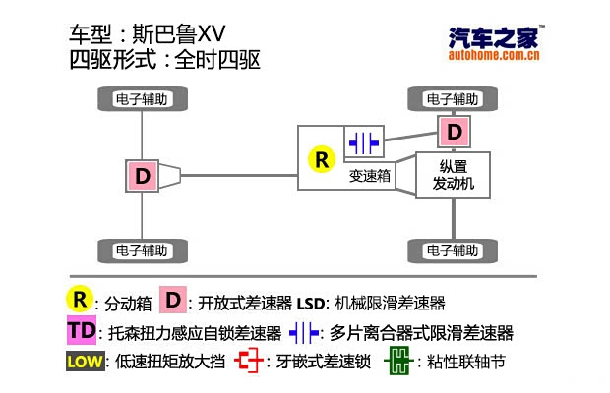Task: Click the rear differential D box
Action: (143, 176)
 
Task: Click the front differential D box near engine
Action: (454, 130)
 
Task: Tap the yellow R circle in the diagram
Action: (321, 159)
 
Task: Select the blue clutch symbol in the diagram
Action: (362, 141)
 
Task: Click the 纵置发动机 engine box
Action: (454, 175)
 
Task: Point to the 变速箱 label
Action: (370, 178)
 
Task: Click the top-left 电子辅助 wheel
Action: (143, 98)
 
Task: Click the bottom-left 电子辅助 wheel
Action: (143, 249)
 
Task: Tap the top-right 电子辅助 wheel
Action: (454, 98)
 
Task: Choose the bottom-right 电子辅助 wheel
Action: (454, 249)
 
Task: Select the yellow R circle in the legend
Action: (79, 299)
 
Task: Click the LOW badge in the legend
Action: (84, 362)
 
